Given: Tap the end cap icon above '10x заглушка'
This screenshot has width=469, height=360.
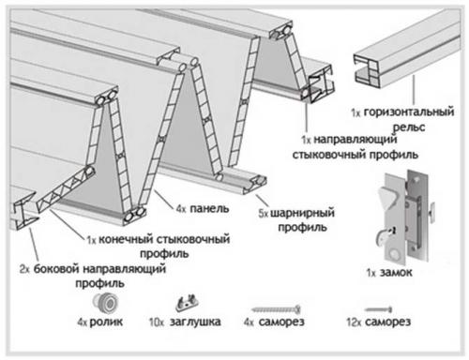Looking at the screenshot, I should tap(189, 303).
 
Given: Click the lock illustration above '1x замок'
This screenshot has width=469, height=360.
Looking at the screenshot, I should tap(399, 214).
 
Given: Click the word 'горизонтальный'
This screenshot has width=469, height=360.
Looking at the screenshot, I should tap(414, 112).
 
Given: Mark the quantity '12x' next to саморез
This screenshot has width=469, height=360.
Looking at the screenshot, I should tap(353, 323).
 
